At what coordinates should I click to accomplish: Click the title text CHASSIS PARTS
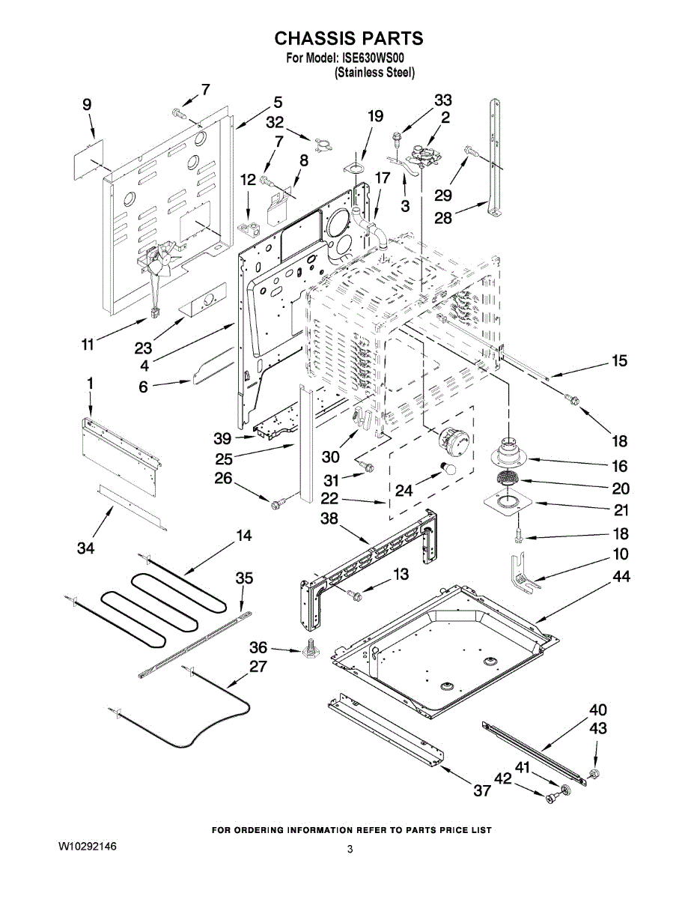tap(348, 38)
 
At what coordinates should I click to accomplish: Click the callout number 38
tap(329, 518)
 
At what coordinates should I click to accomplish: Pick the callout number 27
tap(258, 666)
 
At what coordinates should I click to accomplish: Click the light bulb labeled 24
tap(451, 468)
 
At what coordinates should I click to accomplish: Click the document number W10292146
tap(87, 846)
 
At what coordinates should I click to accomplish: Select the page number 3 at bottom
tap(350, 849)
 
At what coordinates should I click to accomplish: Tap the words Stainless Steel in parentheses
tap(374, 73)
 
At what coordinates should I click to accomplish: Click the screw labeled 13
tap(354, 595)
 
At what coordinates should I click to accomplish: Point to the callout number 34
tap(86, 549)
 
